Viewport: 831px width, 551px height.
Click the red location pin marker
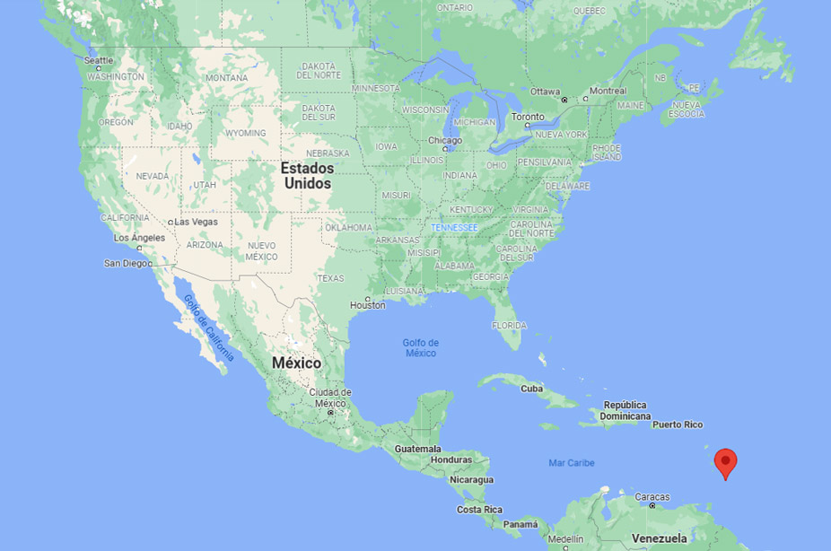click(x=725, y=462)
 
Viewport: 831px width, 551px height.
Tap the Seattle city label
click(x=99, y=60)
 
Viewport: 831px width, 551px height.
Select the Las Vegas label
click(x=196, y=222)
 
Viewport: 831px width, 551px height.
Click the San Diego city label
click(x=127, y=263)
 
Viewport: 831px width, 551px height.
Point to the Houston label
click(x=367, y=305)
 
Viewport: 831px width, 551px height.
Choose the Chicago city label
click(x=445, y=141)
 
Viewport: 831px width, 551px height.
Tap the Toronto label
click(x=528, y=117)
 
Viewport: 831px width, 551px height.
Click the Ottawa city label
click(x=545, y=92)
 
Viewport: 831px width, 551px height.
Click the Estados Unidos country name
click(x=307, y=176)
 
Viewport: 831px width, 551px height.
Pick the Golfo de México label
click(x=420, y=347)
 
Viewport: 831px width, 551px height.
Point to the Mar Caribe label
click(x=572, y=463)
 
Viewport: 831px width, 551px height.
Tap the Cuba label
click(x=532, y=389)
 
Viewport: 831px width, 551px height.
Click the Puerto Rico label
click(x=678, y=424)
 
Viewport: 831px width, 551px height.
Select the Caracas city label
click(x=652, y=496)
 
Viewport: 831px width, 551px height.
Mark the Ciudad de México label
click(x=330, y=398)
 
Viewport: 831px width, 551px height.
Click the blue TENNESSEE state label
click(x=454, y=227)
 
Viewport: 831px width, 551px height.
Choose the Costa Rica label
click(x=480, y=510)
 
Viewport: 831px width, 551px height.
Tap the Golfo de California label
click(x=208, y=328)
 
